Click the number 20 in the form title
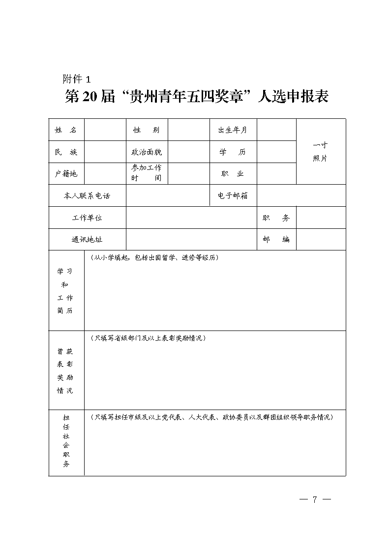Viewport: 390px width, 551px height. tap(90, 97)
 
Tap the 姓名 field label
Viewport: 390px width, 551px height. tap(66, 130)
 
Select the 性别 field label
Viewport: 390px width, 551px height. tap(146, 130)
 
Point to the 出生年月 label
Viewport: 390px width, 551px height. tap(233, 130)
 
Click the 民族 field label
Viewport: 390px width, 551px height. tap(66, 152)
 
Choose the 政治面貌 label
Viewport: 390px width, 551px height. tap(146, 152)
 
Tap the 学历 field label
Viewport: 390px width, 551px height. tap(233, 152)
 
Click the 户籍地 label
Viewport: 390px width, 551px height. tap(66, 174)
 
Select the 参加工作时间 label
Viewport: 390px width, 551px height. tap(146, 173)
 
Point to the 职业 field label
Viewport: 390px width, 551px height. tap(233, 174)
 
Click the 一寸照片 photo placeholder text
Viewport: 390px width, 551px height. tap(320, 152)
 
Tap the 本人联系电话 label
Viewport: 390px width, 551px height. tap(87, 196)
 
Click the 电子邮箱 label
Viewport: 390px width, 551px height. tap(233, 196)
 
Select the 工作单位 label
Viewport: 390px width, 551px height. tap(87, 218)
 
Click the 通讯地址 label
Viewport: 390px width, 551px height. tap(87, 240)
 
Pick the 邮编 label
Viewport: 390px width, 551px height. tap(276, 240)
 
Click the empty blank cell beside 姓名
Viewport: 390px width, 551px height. tap(105, 130)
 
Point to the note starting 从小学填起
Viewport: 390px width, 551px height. tap(154, 258)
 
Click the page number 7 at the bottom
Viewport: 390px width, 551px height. tap(315, 499)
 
